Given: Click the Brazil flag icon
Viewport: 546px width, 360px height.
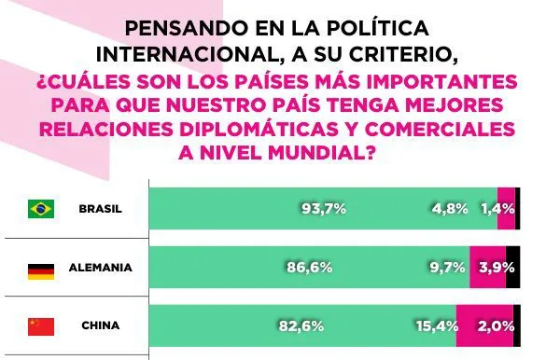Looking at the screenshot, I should click(41, 208).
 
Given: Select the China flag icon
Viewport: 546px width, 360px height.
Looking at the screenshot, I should click(41, 326).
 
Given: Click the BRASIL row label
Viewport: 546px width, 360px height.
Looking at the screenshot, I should click(100, 208).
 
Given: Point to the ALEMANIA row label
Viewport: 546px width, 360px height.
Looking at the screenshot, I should click(100, 268).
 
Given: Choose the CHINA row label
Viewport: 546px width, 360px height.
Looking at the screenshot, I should click(100, 326).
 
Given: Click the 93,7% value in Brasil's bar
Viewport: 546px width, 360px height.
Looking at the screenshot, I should click(323, 208).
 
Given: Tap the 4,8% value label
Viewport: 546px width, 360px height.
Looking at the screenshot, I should click(449, 208).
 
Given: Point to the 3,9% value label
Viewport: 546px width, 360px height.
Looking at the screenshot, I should click(490, 268).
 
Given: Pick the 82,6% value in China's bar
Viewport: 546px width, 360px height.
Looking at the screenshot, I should click(300, 326).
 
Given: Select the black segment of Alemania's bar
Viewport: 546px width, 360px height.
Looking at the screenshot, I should click(513, 268).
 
